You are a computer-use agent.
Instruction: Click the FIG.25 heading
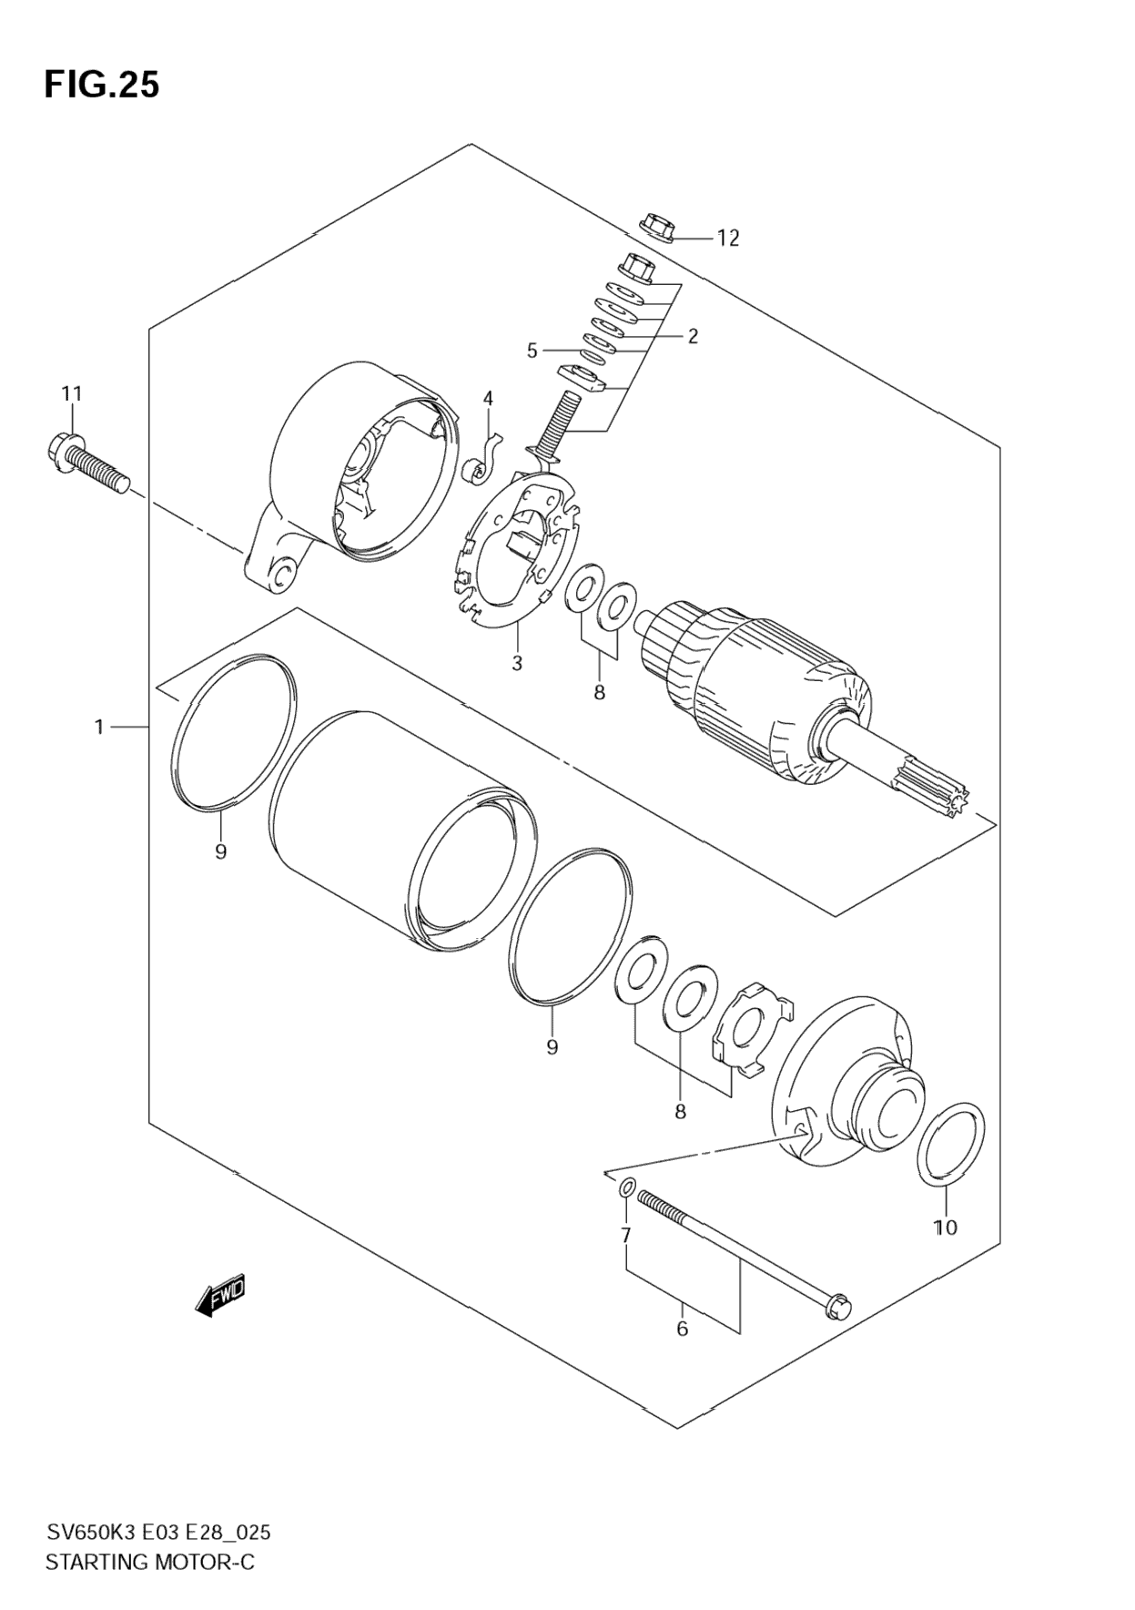point(102,85)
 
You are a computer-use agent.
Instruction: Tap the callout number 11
point(72,393)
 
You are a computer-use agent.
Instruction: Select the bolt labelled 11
point(86,462)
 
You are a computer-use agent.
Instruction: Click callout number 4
point(488,398)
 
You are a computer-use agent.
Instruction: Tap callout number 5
point(532,350)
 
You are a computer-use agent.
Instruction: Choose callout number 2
point(693,336)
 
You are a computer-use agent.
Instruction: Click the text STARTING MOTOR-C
point(150,1562)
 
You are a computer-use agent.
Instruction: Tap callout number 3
point(517,663)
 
